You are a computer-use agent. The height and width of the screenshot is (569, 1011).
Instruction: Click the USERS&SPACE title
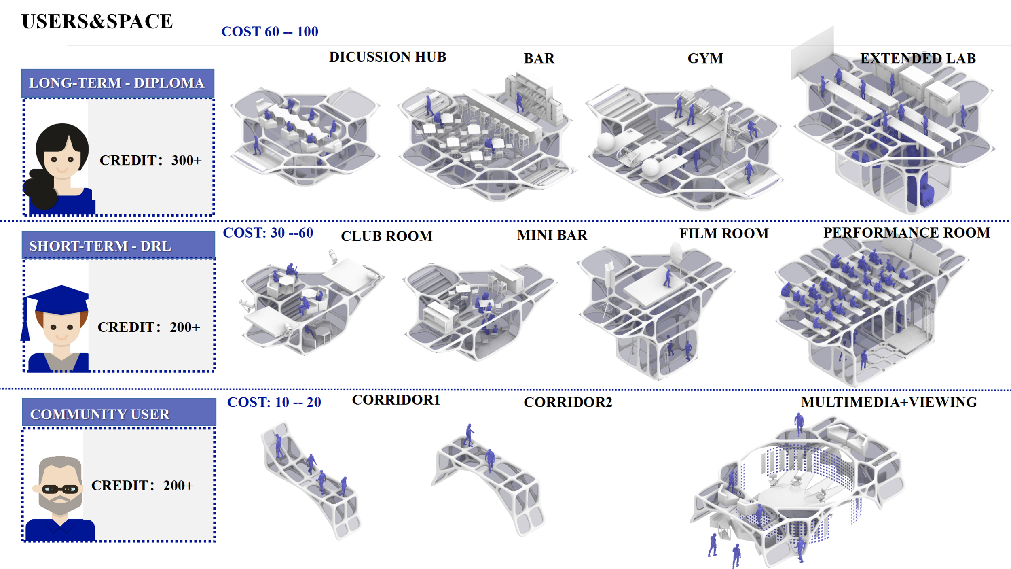coord(97,21)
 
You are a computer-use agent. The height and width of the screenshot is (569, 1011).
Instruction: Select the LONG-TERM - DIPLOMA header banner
coord(117,83)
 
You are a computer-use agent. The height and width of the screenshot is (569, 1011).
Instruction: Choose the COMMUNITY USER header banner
coord(119,414)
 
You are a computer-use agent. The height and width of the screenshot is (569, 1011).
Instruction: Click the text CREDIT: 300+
coord(150,161)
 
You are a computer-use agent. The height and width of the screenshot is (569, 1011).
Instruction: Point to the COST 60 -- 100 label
coord(270,32)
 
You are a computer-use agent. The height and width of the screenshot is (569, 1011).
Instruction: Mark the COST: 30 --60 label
coord(268,233)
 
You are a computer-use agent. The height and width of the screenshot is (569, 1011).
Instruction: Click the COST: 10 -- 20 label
coord(274,402)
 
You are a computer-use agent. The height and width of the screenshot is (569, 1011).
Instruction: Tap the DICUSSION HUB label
coord(387,57)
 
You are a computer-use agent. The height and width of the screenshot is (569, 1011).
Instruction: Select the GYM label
coord(705,59)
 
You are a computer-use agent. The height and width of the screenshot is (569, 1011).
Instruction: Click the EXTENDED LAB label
coord(918,59)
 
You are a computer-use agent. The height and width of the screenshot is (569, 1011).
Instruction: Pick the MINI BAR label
coord(552,235)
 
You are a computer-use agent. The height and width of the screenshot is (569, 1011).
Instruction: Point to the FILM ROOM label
coord(723,234)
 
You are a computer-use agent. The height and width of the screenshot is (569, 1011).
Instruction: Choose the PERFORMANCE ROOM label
coord(907,233)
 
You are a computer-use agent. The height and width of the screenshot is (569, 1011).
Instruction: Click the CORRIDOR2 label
coord(568,402)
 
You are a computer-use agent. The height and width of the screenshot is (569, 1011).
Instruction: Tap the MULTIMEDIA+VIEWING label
coord(889,402)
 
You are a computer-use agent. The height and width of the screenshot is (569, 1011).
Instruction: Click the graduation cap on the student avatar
coord(61,299)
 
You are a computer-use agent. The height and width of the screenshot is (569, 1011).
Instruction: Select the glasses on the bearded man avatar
coord(60,489)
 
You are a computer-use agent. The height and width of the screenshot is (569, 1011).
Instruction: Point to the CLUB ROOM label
coord(387,236)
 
